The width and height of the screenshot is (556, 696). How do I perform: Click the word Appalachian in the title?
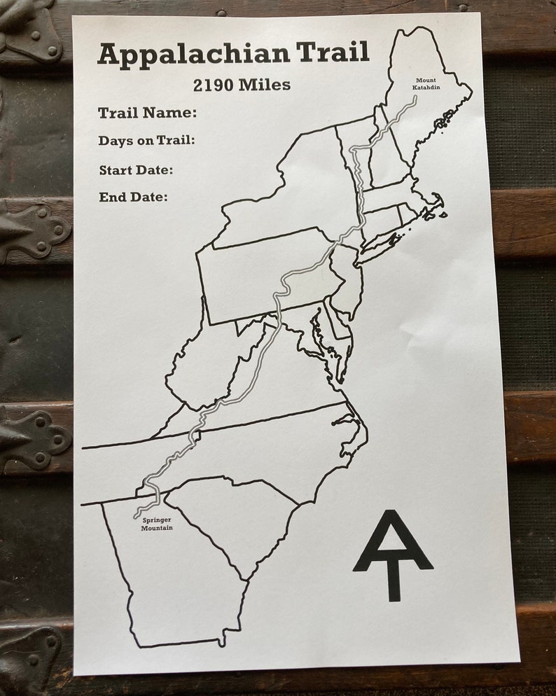[193, 55]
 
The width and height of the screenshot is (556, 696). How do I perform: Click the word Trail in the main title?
[332, 53]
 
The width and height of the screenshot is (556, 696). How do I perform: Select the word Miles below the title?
[264, 85]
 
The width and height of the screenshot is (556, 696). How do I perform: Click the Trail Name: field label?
[147, 113]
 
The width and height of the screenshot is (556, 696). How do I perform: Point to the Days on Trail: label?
[146, 141]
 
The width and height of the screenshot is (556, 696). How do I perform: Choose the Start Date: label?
[136, 170]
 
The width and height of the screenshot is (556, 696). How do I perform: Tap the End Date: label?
[133, 197]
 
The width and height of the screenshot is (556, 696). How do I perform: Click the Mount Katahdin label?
[425, 84]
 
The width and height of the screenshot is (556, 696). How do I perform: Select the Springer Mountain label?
[156, 524]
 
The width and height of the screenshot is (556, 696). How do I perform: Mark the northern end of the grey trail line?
[415, 98]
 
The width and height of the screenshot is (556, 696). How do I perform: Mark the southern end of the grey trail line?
[135, 517]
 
